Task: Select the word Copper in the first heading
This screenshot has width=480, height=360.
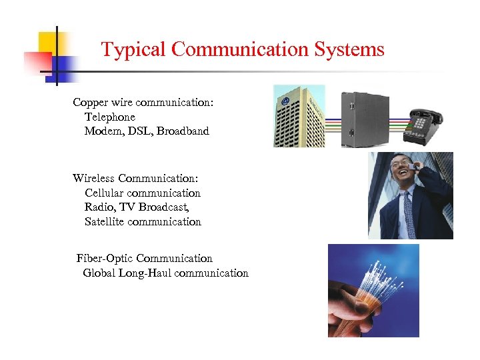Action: coord(90,103)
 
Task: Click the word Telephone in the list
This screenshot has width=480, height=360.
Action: coord(109,117)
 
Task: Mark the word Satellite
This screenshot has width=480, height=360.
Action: coord(105,221)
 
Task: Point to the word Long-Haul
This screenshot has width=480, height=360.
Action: coord(146,273)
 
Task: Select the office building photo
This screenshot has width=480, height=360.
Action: coord(299,115)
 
